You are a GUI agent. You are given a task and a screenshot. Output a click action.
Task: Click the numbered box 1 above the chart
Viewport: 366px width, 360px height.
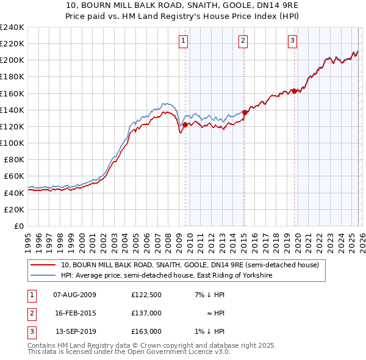point(184,41)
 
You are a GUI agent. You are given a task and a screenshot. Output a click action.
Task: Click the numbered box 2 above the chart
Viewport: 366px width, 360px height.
point(243,41)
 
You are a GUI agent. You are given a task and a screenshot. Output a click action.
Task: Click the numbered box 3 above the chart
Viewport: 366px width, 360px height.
point(292,41)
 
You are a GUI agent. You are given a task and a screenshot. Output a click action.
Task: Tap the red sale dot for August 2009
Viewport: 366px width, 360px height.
point(185,124)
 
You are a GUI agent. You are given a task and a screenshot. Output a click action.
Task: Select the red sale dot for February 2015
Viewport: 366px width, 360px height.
point(245,112)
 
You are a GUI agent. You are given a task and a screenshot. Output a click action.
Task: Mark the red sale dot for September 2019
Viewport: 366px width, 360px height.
point(294,91)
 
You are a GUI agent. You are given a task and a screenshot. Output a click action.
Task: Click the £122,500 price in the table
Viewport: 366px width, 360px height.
point(146,295)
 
